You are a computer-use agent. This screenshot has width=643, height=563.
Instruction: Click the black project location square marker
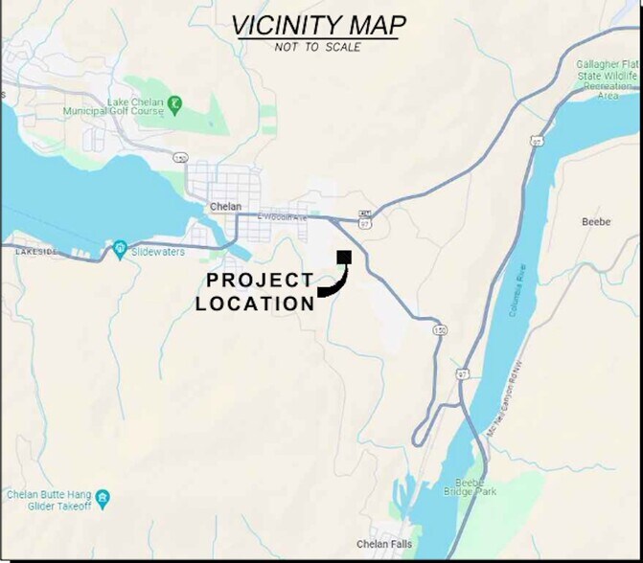[x=344, y=257]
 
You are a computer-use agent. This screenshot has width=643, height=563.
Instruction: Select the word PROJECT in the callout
[x=261, y=281]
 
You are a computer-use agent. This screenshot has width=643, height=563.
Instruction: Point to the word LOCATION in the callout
[x=255, y=304]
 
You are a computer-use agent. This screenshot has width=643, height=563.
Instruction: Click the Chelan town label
[x=225, y=207]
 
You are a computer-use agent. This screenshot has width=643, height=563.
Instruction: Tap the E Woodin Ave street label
[x=283, y=217]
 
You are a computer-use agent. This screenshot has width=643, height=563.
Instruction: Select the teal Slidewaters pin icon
[x=120, y=248]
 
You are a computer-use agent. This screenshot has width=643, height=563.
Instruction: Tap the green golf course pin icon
[x=174, y=102]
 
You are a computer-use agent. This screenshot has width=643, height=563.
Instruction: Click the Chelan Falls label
[x=384, y=545]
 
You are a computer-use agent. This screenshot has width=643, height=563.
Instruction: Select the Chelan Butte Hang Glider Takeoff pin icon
[x=103, y=498]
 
